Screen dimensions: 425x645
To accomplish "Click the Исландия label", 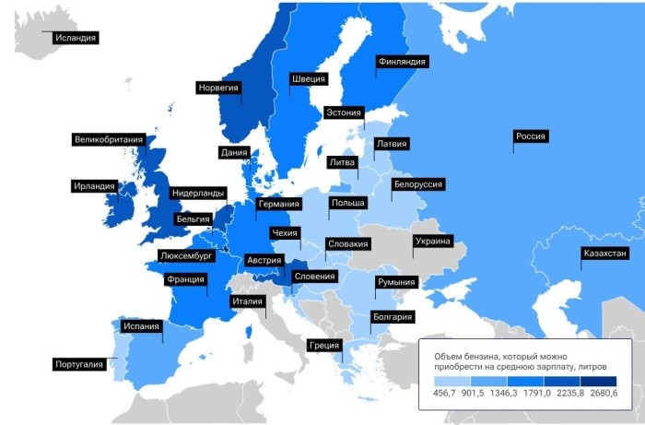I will (75, 38).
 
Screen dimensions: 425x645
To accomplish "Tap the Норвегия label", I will (218, 88).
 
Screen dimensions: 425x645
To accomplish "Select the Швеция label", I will (309, 79).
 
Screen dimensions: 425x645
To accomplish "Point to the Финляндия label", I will (401, 62).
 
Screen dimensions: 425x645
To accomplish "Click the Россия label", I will (531, 136).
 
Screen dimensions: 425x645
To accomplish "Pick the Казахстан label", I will (604, 254).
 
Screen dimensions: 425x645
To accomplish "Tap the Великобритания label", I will (109, 140).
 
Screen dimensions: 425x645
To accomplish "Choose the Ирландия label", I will (95, 186).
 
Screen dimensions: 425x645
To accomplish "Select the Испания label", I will (141, 325).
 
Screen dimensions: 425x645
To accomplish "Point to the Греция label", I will (324, 346).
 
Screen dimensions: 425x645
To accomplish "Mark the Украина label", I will (433, 242).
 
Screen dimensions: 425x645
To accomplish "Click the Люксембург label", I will (187, 255).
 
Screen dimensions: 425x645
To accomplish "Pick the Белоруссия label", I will (418, 184).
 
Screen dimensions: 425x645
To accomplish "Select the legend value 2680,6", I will (603, 394).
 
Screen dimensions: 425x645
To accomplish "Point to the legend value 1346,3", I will (524, 394).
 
